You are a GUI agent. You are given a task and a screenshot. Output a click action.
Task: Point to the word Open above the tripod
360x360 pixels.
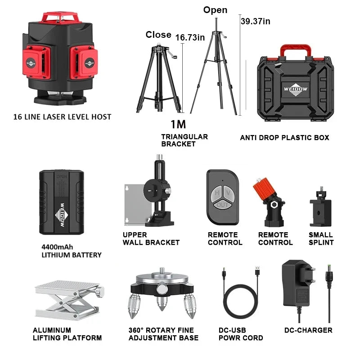pos(215,10)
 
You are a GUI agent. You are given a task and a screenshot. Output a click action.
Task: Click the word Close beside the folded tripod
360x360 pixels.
pos(158,35)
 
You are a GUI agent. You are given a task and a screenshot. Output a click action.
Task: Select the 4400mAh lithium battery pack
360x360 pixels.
pos(61,202)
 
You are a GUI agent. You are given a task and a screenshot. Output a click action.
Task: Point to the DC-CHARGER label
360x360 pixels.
pos(308,330)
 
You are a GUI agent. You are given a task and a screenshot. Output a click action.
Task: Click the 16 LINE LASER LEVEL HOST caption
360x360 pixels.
pos(62,117)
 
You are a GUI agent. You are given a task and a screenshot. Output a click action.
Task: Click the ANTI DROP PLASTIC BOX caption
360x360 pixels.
pos(284,138)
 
